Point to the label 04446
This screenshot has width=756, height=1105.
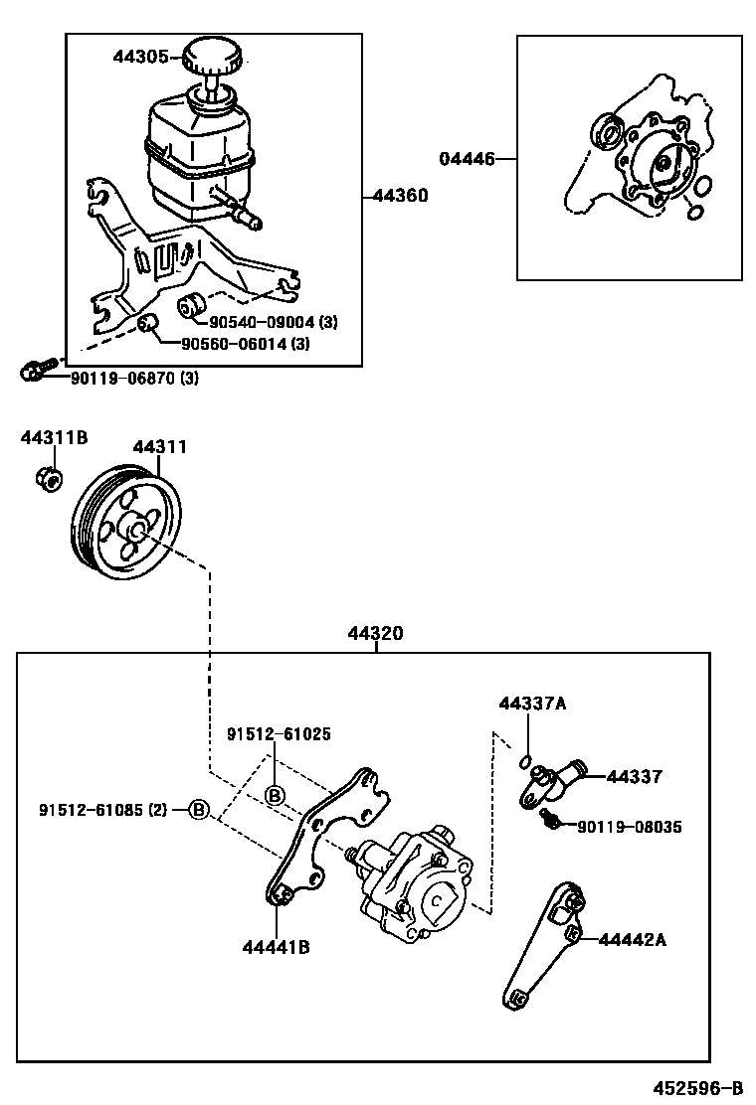coord(467,158)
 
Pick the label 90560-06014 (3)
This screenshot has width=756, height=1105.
coord(245,345)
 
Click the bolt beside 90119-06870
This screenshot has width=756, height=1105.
coord(32,371)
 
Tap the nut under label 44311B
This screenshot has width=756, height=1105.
coord(48,477)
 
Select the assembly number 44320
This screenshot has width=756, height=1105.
coord(376,633)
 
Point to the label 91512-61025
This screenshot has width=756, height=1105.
coord(279,734)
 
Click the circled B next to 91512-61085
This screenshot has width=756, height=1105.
coord(199,810)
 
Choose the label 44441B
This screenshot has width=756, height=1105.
coord(276,947)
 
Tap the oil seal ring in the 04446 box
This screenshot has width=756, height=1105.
coord(605,132)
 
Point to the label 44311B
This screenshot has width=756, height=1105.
coord(55,437)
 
